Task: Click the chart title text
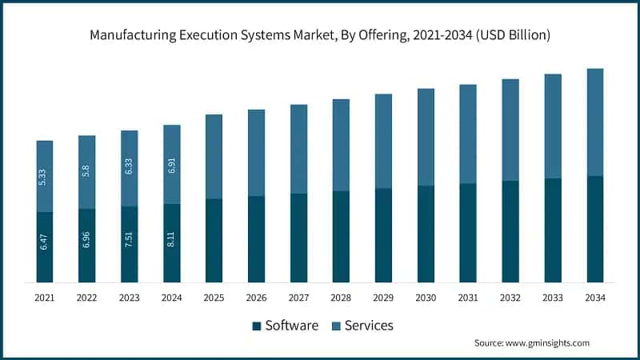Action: coord(320,36)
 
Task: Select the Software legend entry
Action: coord(291,326)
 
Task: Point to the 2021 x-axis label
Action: coord(45,298)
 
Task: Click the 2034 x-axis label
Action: coord(595,298)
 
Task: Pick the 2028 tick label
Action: coord(341,298)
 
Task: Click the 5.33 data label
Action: coord(45,176)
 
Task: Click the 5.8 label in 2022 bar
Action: coord(87,171)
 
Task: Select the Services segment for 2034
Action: coord(595,122)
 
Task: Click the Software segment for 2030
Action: coord(426,234)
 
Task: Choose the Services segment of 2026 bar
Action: coord(256,152)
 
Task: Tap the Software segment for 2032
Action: coord(510,231)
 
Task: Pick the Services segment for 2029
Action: coord(383,141)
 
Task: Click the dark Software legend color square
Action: coord(257,326)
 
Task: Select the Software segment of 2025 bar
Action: coord(214,240)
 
